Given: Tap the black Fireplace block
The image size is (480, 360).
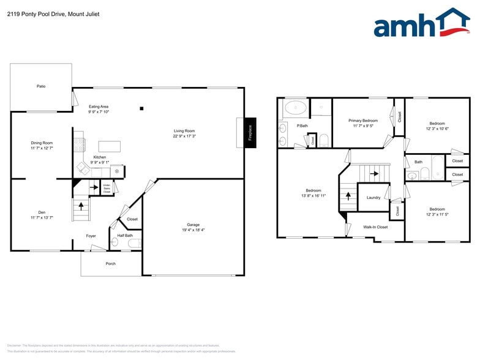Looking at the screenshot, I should (250, 133).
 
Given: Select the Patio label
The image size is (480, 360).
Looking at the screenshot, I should (41, 86).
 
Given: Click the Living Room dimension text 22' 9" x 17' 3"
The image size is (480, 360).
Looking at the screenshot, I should (184, 136).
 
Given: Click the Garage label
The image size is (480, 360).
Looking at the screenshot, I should (193, 225).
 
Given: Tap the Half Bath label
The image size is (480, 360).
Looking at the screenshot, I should (125, 235).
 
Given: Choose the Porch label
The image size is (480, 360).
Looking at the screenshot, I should (110, 263).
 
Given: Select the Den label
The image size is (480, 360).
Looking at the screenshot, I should (42, 212).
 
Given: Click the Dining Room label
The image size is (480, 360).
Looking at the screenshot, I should (42, 143).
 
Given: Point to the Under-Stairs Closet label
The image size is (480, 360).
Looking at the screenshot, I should (107, 188).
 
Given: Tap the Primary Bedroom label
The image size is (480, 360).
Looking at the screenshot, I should (363, 121).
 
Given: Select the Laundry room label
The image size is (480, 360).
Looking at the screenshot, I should (373, 198).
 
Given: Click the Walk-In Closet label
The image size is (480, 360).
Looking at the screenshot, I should (375, 227).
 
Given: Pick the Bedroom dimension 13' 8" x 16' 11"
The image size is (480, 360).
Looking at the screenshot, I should (313, 196).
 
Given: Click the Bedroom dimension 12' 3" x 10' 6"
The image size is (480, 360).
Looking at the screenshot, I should (437, 129).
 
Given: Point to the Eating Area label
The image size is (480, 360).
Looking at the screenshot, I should (99, 107).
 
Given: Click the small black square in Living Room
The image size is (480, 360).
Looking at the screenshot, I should (141, 109).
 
